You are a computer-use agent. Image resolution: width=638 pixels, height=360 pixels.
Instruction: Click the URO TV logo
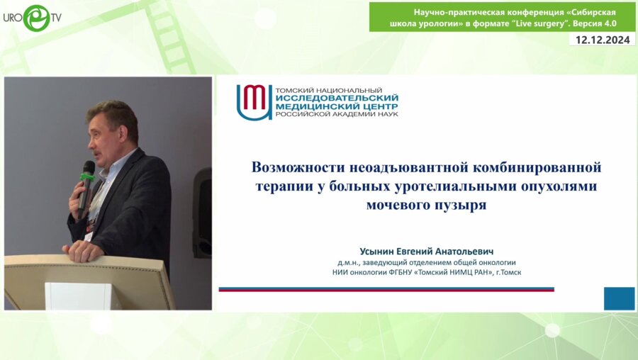point(32,17)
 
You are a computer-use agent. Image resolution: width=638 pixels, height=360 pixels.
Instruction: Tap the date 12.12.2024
point(602,40)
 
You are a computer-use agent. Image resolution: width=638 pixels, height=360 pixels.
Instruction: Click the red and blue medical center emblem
point(253,102)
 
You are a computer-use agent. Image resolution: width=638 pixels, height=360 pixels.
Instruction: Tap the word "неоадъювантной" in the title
point(399,168)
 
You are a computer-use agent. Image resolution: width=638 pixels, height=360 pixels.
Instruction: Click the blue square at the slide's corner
point(619,298)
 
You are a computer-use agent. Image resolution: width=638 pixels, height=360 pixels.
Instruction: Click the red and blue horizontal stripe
point(386,289)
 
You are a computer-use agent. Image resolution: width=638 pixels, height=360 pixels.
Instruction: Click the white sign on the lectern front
point(82,296)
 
